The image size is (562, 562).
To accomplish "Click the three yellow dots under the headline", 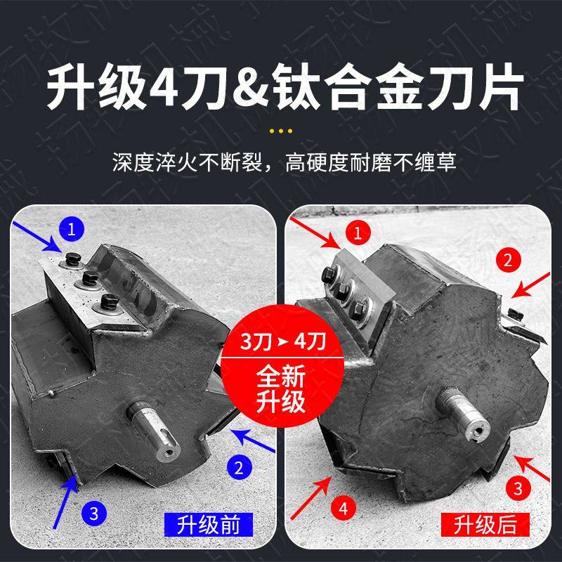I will (281, 131).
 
